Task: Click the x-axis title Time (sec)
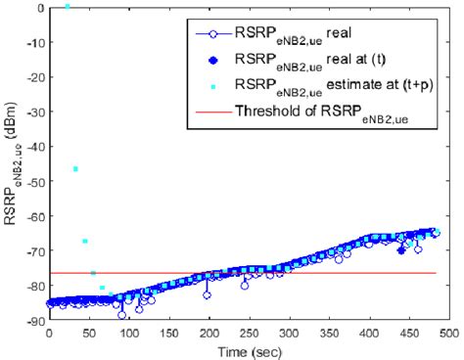tap(246, 348)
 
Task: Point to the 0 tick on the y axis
tap(40, 8)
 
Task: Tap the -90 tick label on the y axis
tap(33, 321)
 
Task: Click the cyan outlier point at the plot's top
tap(67, 7)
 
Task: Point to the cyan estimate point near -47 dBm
tap(75, 169)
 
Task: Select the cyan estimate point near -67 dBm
tap(85, 241)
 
